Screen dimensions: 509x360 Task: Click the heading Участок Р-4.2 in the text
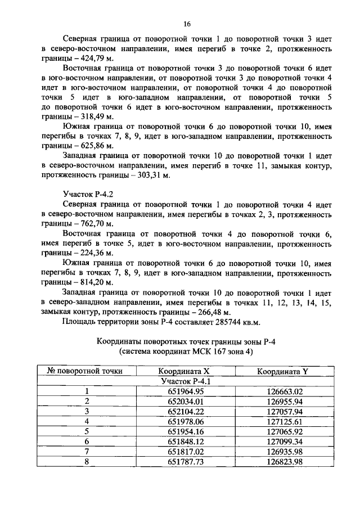(87, 194)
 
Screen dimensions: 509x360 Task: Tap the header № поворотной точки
(87, 371)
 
